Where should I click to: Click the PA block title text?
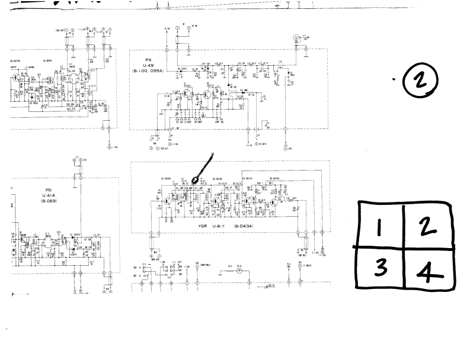pos(149,59)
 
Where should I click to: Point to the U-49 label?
pos(149,65)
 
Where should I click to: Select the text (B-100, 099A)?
pos(149,70)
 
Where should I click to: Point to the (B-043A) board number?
pos(243,226)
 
